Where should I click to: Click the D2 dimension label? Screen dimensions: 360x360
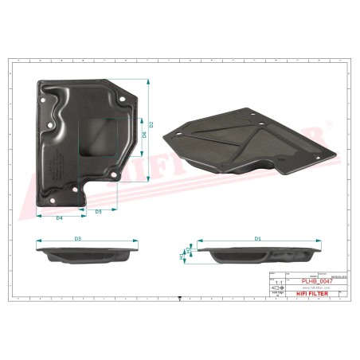tap(152, 125)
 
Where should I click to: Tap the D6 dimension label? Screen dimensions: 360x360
tap(144, 135)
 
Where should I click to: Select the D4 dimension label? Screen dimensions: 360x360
tap(59, 217)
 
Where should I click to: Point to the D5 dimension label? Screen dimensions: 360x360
tap(98, 212)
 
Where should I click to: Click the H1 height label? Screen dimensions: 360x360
tap(182, 255)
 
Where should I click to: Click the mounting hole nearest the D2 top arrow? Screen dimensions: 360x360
tap(124, 98)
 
